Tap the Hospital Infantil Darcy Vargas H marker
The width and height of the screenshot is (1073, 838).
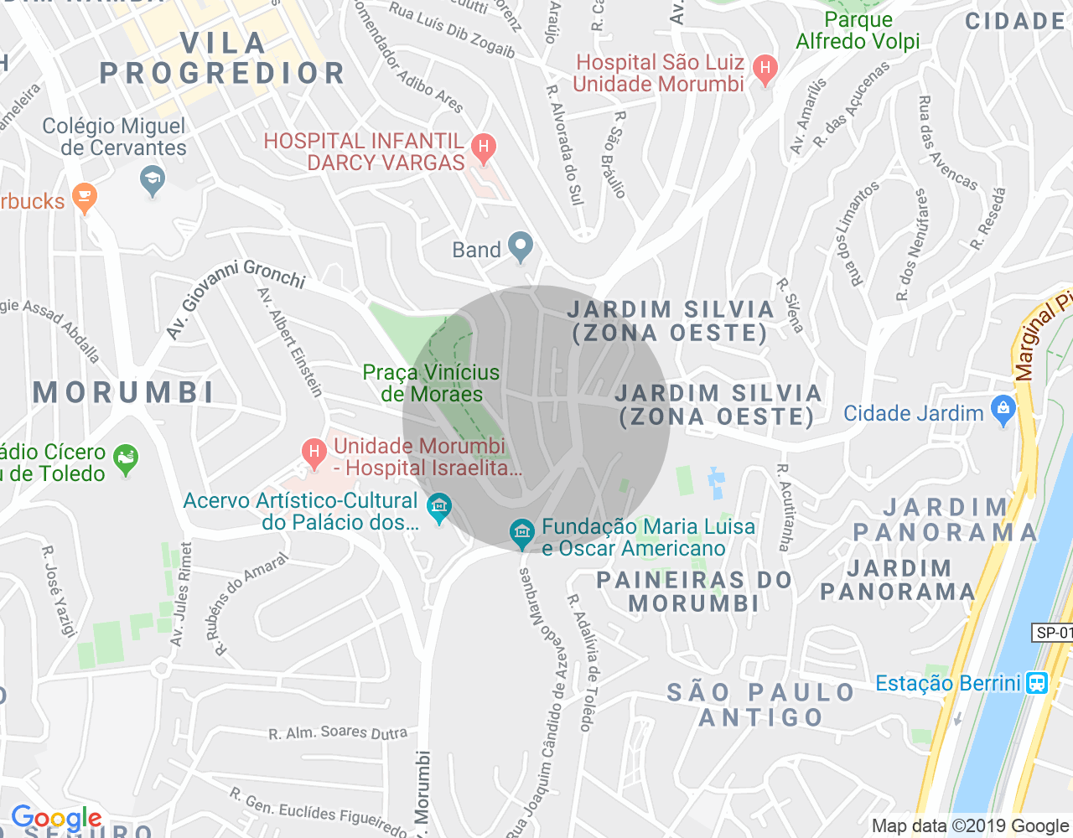(x=482, y=148)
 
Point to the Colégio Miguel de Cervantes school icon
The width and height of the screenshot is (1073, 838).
(x=152, y=180)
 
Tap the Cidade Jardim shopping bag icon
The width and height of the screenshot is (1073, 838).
(x=1003, y=411)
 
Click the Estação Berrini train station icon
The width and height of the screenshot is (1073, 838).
(x=1036, y=683)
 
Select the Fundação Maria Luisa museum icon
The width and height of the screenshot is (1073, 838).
(x=521, y=532)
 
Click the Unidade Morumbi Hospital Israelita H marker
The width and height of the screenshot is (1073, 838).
(x=314, y=454)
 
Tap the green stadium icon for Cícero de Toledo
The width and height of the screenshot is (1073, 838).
(x=126, y=458)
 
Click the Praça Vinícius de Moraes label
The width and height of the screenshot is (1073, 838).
(x=431, y=383)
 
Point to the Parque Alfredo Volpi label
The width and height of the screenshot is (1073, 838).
(x=858, y=31)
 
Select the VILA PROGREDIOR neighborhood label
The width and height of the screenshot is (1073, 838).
(x=222, y=59)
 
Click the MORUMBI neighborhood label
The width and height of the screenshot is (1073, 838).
(x=124, y=392)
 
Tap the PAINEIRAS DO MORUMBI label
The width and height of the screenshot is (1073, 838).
(x=694, y=592)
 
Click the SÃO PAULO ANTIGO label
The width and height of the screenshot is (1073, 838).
(x=761, y=705)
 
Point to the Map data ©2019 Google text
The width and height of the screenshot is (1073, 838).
(x=970, y=826)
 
